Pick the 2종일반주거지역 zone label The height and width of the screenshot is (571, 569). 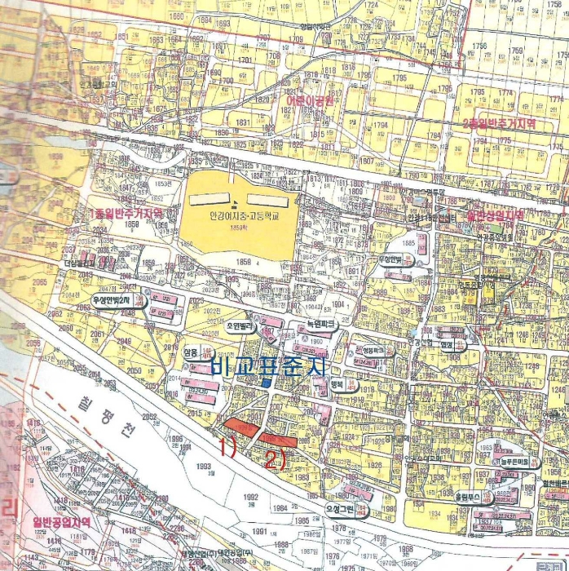click(498, 123)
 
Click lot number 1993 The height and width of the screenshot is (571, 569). click(202, 466)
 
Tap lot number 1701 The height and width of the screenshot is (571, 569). click(244, 60)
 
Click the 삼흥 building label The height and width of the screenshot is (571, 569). click(192, 351)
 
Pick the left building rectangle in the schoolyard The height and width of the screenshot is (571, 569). click(208, 199)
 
